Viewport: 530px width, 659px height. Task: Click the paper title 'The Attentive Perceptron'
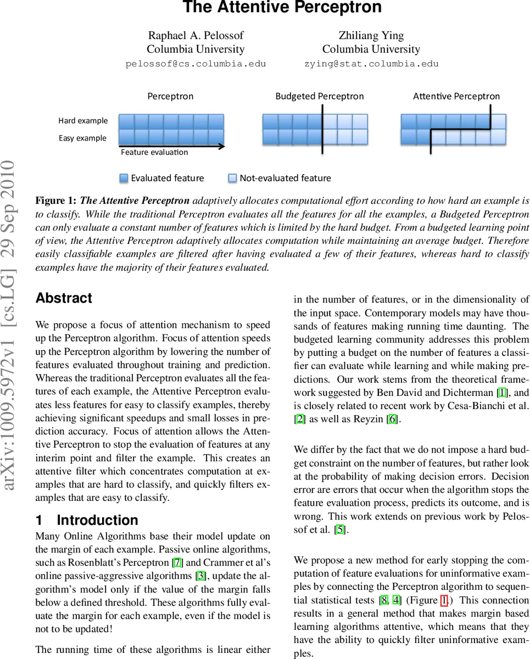[282, 8]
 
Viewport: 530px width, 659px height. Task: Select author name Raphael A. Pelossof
[196, 35]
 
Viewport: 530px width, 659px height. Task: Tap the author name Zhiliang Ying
[371, 35]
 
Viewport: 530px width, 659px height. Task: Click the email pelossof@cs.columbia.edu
[196, 64]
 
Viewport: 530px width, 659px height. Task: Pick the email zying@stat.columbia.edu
[371, 64]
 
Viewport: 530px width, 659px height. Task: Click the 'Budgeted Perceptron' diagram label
[319, 96]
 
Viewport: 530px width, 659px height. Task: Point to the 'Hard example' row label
[83, 121]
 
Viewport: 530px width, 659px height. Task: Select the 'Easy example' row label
[82, 138]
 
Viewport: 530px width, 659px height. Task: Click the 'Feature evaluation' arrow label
[154, 153]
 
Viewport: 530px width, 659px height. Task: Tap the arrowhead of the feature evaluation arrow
[221, 146]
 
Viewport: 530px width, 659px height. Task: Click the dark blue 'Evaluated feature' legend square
[124, 178]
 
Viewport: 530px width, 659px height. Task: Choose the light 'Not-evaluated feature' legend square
[232, 178]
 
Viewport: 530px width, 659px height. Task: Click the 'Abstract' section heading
[64, 298]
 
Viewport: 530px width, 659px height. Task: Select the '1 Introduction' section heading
[87, 520]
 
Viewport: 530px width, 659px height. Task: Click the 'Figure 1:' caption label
[55, 200]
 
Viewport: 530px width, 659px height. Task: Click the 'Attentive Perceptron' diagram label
[456, 96]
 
